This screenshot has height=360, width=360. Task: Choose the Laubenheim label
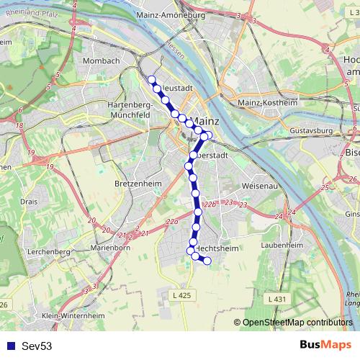[x=280, y=245]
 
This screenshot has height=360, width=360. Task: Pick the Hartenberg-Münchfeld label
[x=132, y=109]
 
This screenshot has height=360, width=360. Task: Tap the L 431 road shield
[x=274, y=298]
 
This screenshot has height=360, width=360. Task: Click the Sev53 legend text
[x=37, y=346]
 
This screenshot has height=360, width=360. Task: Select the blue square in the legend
[x=10, y=346]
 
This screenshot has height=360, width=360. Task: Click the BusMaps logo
[x=325, y=346]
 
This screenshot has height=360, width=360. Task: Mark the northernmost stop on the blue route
[x=151, y=80]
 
